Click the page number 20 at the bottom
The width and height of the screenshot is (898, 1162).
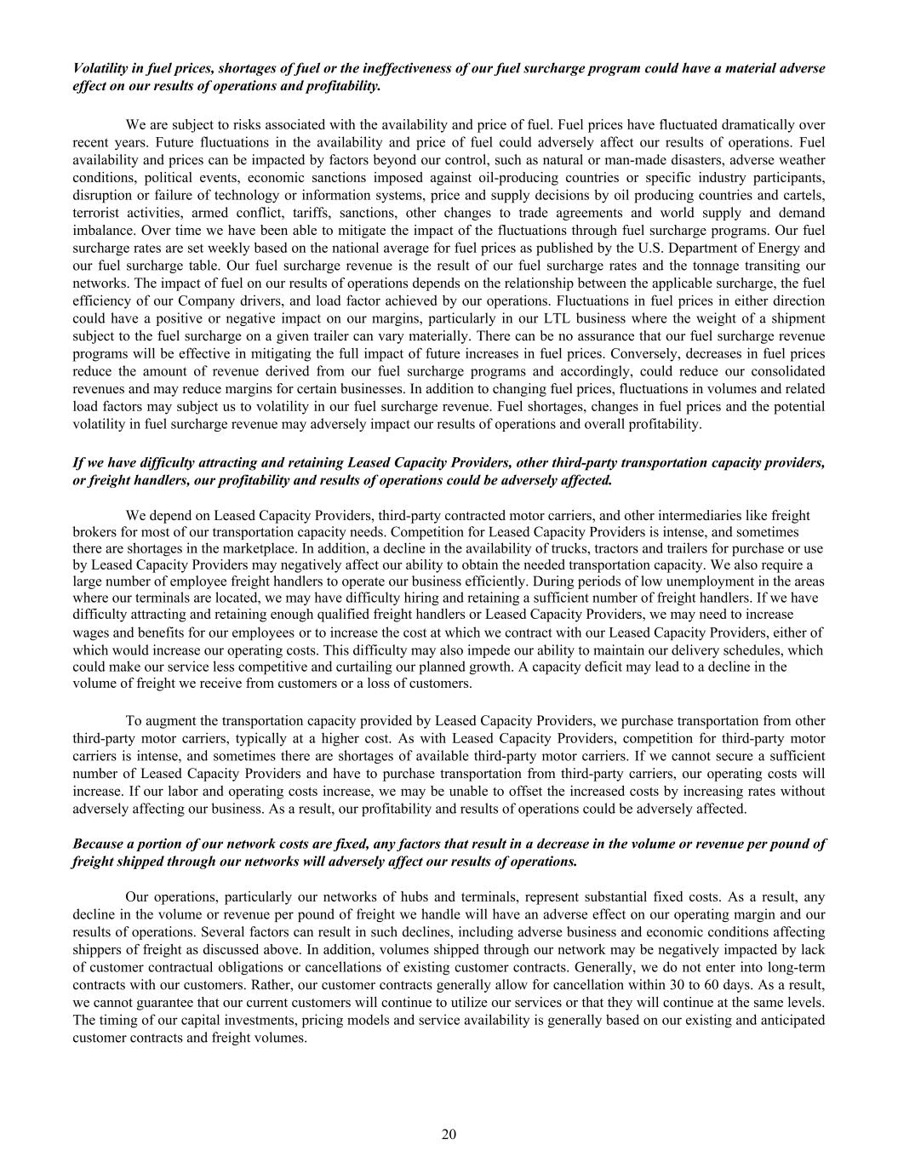coord(449,1133)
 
